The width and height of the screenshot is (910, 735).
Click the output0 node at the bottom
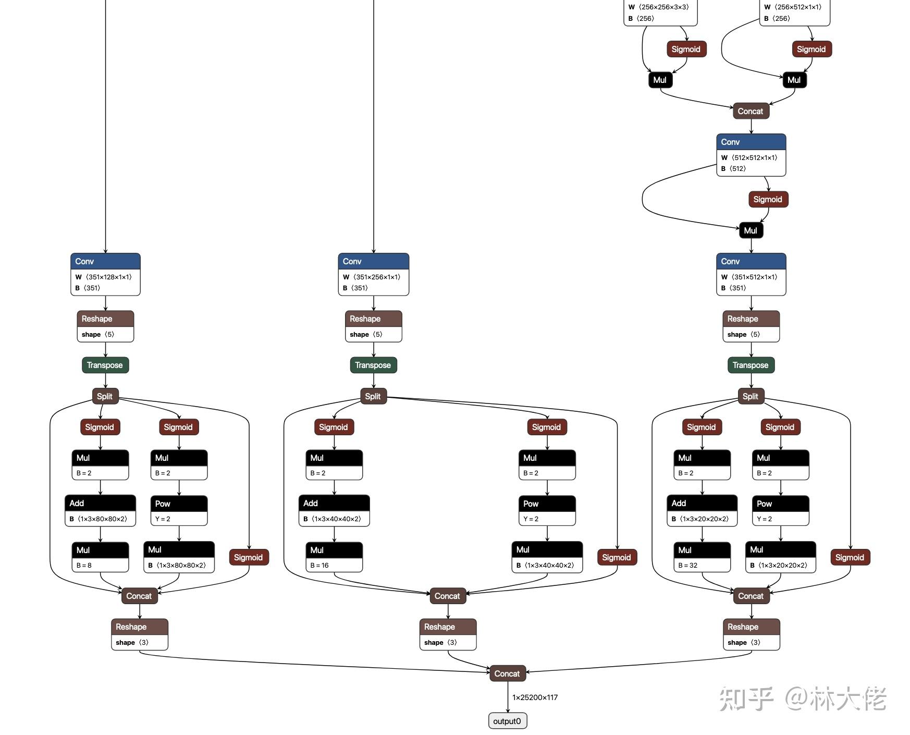coord(507,721)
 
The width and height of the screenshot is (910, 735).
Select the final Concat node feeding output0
coord(507,673)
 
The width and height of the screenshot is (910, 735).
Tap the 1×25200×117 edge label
coord(535,697)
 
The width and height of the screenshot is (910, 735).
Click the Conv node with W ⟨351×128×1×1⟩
coord(105,275)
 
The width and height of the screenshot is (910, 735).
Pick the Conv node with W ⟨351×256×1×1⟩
coord(373,275)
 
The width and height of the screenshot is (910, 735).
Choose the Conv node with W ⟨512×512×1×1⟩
coord(751,155)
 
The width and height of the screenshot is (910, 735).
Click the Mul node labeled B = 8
coord(100,557)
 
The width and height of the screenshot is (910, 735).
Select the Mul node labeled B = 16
coord(334,557)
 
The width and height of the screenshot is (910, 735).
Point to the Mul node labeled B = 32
coord(702,557)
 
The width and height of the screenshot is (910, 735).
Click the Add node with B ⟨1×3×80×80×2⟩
coord(100,510)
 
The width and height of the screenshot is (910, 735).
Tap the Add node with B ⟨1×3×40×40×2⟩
coord(334,510)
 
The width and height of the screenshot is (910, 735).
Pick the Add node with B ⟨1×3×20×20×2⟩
coord(702,510)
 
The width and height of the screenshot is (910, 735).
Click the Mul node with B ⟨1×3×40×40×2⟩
coord(547,557)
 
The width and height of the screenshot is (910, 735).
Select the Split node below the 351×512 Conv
coord(751,396)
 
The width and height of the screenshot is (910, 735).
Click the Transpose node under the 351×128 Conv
coord(105,365)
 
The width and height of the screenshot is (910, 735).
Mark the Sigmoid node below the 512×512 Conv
coord(768,199)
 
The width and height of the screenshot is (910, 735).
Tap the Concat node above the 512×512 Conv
coord(751,111)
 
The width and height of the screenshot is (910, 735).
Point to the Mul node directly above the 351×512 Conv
coord(751,230)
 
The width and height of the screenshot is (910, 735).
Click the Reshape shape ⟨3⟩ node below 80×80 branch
coord(139,634)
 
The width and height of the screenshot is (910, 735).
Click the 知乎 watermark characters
coord(746,699)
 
